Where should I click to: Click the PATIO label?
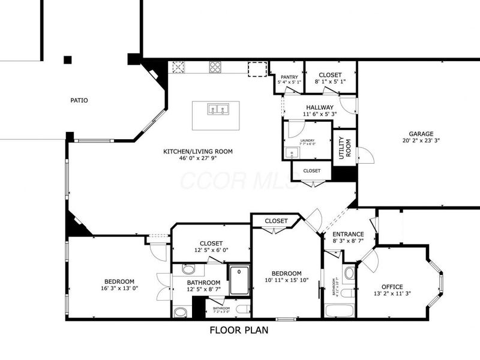click(x=79, y=100)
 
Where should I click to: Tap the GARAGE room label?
click(x=421, y=134)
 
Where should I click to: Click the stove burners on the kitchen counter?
click(x=215, y=67)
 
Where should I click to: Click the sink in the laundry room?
click(x=293, y=152)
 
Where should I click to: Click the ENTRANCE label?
click(x=348, y=234)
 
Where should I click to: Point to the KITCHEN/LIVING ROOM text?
click(x=198, y=151)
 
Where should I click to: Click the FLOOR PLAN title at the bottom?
click(x=239, y=330)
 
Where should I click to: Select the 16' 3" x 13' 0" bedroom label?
click(x=119, y=281)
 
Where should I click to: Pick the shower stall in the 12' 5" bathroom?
click(x=239, y=280)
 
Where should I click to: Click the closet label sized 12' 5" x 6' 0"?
click(x=211, y=244)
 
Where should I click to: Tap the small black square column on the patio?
click(x=68, y=59)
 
